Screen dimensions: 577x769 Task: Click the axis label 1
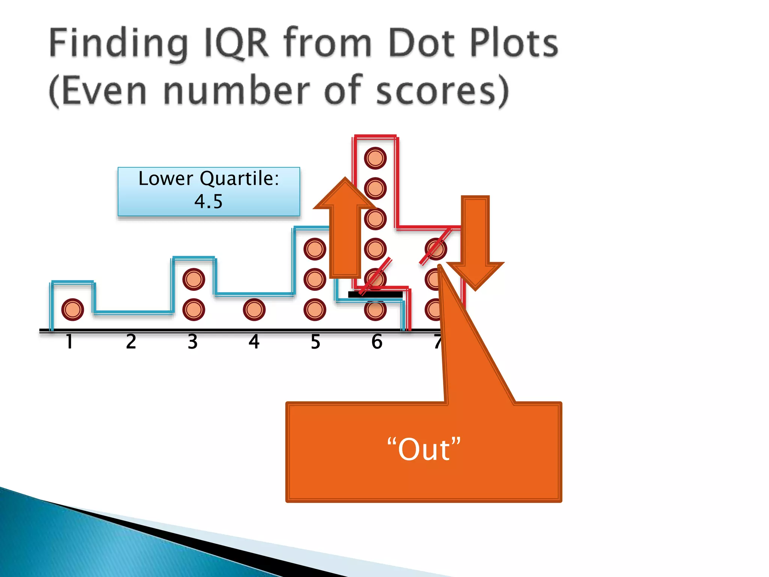[69, 341]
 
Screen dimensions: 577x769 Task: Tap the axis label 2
[131, 341]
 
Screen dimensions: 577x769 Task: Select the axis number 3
[193, 341]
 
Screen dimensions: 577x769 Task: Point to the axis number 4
[254, 341]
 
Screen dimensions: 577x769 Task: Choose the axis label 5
[315, 341]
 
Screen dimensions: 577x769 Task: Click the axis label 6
[377, 341]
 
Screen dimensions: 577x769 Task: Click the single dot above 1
[72, 310]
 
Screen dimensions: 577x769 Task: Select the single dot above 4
[254, 310]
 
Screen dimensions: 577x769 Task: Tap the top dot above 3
[194, 279]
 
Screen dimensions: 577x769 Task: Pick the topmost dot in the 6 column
[375, 158]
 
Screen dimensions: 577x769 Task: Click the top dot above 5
[315, 249]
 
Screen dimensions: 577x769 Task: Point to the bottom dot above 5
[315, 310]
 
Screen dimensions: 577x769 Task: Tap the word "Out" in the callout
[424, 450]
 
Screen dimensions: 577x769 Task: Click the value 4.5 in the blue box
[208, 201]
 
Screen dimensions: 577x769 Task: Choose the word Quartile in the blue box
[240, 178]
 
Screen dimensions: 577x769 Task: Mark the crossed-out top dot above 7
[436, 249]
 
